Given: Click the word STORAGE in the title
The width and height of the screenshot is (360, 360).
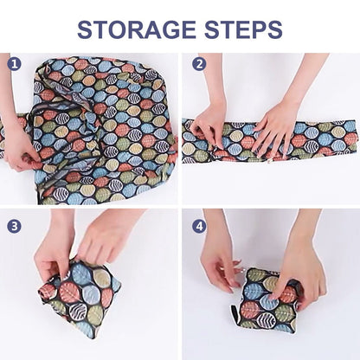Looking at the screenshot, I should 138,29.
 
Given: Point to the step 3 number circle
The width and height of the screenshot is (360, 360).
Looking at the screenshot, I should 14,226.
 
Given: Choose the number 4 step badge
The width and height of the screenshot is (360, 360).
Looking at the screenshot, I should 200,226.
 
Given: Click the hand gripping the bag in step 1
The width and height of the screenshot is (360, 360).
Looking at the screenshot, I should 19,147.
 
